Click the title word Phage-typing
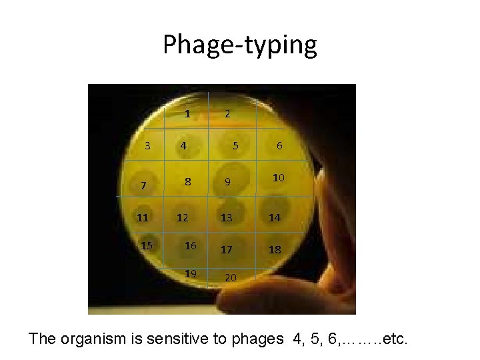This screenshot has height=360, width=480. click(240, 45)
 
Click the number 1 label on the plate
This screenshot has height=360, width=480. click(187, 113)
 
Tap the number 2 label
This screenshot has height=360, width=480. click(227, 113)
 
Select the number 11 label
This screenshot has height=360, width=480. click(142, 217)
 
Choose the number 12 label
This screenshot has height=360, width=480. click(182, 218)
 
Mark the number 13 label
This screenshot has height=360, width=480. click(227, 217)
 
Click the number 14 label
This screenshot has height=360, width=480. click(274, 217)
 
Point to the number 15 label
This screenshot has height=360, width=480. click(147, 246)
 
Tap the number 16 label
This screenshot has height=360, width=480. click(191, 246)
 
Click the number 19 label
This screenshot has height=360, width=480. click(191, 273)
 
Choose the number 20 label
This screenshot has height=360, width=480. click(231, 277)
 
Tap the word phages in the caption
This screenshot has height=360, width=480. click(257, 339)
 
